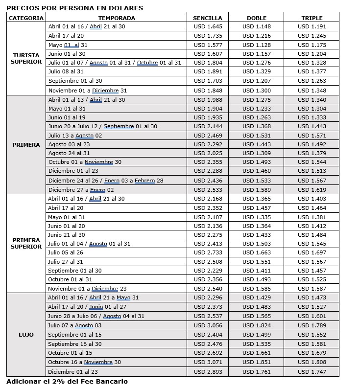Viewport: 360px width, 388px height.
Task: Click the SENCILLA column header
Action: pos(208,18)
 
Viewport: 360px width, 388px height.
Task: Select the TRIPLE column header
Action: pos(312,18)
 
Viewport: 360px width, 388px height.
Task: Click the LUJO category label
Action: pos(26,335)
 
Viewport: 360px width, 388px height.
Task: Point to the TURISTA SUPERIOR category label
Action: pos(26,59)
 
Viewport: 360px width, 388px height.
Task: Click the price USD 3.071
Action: pos(208,362)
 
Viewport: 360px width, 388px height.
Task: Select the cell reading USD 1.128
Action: pos(256,45)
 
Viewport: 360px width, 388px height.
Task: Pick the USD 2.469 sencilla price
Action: pos(208,135)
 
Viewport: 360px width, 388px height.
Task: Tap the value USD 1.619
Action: pos(312,190)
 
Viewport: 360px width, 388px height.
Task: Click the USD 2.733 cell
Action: pos(208,252)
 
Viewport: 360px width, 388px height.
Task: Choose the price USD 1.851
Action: pos(256,362)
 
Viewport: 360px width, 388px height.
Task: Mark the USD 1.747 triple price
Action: pos(312,371)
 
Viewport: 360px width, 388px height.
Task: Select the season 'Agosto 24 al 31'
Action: pos(69,153)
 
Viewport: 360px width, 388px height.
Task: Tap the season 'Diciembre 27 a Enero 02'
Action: pos(81,190)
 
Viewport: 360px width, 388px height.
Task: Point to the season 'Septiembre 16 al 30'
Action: pos(75,344)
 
